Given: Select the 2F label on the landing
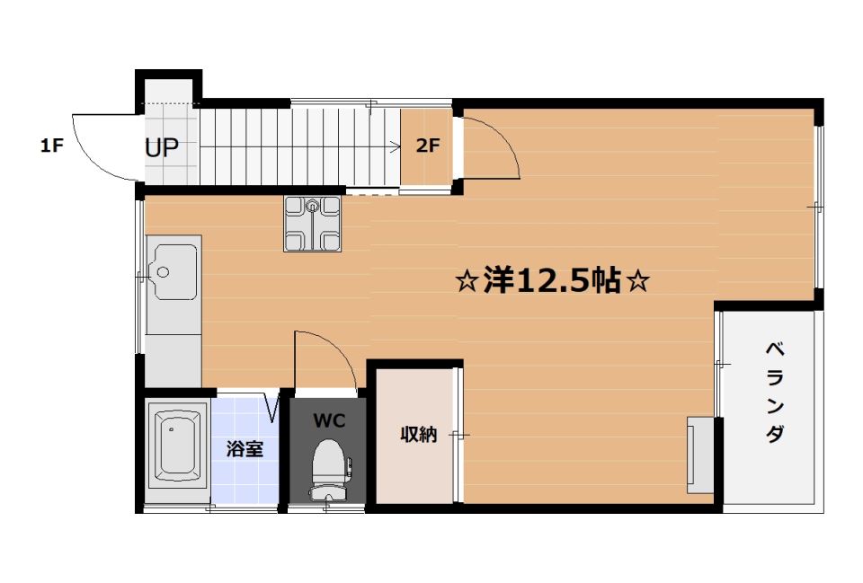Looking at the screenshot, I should [x=427, y=146].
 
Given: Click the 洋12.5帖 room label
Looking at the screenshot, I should [x=551, y=281].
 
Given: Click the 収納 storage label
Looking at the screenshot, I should [x=418, y=436].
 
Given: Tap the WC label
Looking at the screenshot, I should [x=326, y=420].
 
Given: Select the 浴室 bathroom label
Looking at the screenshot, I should [x=245, y=448].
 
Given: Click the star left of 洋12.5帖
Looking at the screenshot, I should [x=467, y=282].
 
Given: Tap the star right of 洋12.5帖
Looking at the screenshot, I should [x=637, y=282].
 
